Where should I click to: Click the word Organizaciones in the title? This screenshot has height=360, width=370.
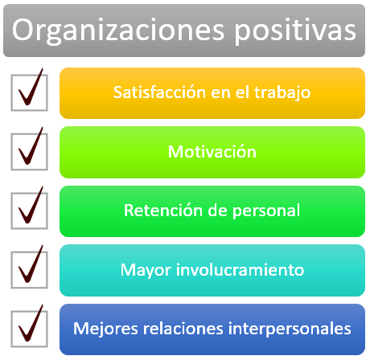(118, 31)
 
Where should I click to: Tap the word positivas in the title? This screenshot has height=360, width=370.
(295, 31)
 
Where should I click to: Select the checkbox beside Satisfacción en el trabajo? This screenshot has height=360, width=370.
(29, 92)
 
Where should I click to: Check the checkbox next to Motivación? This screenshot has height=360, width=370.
(29, 152)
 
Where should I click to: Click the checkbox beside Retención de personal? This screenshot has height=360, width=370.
(29, 211)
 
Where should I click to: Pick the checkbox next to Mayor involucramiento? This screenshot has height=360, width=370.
(29, 270)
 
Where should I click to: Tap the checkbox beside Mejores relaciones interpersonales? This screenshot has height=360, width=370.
(29, 329)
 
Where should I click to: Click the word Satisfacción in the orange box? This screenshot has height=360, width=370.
(159, 92)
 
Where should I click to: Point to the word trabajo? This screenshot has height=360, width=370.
(282, 93)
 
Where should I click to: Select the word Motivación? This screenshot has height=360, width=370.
(212, 152)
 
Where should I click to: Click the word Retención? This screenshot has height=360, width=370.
(163, 211)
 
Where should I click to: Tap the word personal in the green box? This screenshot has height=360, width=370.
(266, 211)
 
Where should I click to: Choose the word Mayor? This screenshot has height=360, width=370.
(146, 270)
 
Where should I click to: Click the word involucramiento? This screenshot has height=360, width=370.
(240, 269)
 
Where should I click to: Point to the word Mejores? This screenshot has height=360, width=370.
(105, 329)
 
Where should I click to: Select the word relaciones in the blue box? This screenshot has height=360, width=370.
(183, 329)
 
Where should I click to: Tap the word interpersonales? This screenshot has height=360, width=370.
(290, 329)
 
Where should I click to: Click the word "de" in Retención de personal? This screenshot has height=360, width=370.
(217, 211)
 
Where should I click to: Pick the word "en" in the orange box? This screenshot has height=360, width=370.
(221, 94)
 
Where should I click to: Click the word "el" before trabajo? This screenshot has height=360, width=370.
(242, 92)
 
